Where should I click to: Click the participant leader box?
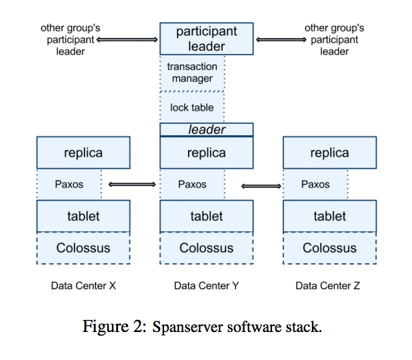point(206,39)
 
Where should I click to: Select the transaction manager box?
point(193,73)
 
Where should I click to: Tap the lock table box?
point(193,107)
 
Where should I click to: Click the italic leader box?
point(206,129)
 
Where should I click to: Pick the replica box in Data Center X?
point(83,153)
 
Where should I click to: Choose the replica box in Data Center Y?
point(206,153)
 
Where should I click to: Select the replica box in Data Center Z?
point(329,153)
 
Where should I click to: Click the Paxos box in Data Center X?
point(69,184)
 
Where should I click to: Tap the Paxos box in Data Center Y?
point(193,184)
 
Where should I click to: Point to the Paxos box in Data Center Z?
point(315,184)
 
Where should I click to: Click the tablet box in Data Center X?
point(83,216)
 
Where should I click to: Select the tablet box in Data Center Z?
point(329,216)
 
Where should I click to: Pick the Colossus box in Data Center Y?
point(206,248)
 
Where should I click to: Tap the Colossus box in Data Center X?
point(83,248)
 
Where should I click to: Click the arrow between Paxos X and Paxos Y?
point(131,184)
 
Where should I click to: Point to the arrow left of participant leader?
point(128,39)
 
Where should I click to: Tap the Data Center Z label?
point(328,285)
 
